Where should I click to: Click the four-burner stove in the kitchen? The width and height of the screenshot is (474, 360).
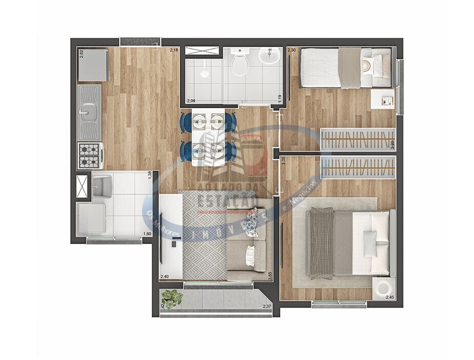(x=89, y=155)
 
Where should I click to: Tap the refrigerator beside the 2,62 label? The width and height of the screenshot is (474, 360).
(x=93, y=65)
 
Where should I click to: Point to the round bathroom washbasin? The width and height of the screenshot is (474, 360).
(x=269, y=55)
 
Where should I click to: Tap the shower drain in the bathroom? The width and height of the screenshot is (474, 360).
(x=204, y=74)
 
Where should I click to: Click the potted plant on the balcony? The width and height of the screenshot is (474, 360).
(x=172, y=298)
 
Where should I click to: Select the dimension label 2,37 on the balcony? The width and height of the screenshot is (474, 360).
(x=266, y=307)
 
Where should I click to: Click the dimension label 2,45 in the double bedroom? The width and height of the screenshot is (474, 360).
(x=389, y=297)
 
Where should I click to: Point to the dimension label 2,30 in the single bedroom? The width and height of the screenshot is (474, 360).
(x=292, y=50)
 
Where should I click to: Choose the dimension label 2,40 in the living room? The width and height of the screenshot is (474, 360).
(x=164, y=277)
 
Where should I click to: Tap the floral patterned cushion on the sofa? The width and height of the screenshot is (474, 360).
(x=251, y=226)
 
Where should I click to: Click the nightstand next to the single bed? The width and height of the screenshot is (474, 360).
(x=383, y=99)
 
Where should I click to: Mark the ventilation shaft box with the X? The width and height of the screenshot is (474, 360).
(x=82, y=186)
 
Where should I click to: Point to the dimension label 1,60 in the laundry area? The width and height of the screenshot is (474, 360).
(x=147, y=234)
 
